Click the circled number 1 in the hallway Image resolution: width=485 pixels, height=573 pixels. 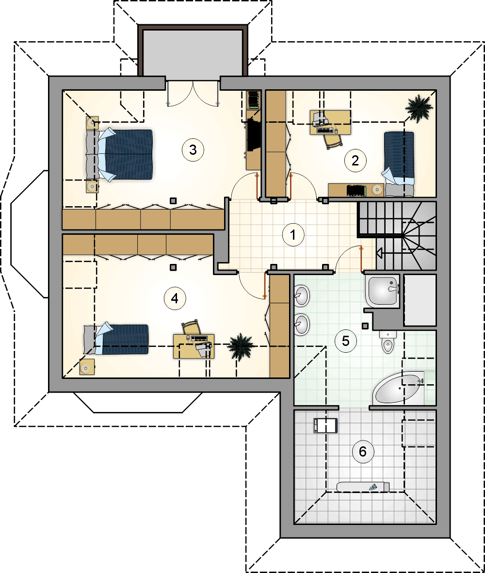coord(293,235)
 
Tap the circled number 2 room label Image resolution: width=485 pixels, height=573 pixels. coord(355,160)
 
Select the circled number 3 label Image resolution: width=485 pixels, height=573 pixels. coord(193,149)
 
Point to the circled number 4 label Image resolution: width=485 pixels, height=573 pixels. coord(175,298)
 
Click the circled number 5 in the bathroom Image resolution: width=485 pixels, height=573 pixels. coord(345,341)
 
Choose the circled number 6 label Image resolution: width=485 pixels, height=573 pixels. coord(362,452)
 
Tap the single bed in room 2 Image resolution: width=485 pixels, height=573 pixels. coord(399,164)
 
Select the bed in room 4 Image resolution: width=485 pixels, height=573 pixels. coord(116,340)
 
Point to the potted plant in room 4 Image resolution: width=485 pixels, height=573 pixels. coord(240,346)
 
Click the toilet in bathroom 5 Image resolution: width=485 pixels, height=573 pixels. coord(388,341)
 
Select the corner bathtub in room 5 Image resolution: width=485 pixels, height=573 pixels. coord(399,388)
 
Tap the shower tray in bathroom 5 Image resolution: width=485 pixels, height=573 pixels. coord(383,291)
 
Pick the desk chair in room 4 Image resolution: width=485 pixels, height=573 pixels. coord(192,327)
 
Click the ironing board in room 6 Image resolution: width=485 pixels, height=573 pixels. coord(363,487)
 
